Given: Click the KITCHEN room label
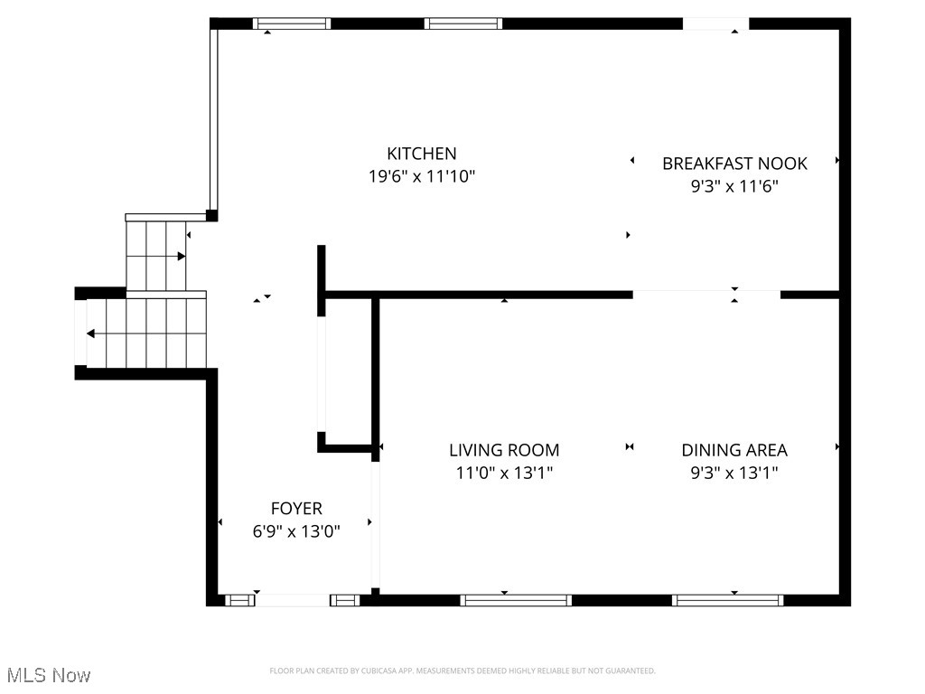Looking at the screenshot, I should (x=422, y=154).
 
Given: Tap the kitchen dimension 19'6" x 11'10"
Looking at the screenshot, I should (x=422, y=177).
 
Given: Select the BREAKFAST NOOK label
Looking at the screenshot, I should (x=734, y=164).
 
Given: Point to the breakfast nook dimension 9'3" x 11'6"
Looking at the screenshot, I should (x=734, y=187).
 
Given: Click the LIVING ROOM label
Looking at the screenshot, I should (x=504, y=450).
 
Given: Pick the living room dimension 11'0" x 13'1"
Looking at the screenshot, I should (x=504, y=473).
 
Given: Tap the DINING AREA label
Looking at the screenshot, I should (x=734, y=450).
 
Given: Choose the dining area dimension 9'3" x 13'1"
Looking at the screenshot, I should (x=734, y=473).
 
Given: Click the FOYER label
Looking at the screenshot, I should (x=296, y=509).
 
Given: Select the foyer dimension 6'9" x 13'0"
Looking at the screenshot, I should (x=296, y=532).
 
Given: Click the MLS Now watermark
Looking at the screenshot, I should (x=47, y=675).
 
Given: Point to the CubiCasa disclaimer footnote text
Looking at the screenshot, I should (x=462, y=671).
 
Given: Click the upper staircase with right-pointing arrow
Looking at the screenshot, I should (x=155, y=256).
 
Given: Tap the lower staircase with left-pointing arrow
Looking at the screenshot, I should (x=145, y=333).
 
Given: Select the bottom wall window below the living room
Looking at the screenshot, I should (x=516, y=600).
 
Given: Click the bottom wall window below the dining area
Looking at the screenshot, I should (x=727, y=600).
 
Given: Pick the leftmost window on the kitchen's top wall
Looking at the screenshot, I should (x=291, y=23).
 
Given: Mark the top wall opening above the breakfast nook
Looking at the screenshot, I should (x=715, y=23).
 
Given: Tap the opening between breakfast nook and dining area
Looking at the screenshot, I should (x=706, y=295).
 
